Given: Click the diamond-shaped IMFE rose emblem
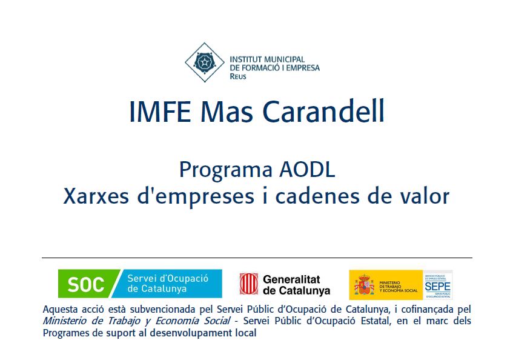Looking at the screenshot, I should tap(204, 62).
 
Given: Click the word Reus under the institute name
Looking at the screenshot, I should tap(238, 77).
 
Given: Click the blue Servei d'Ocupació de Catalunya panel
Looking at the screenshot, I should tap(173, 284).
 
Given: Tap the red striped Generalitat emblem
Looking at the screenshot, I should tap(248, 284).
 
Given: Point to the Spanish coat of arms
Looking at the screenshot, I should tap(364, 285).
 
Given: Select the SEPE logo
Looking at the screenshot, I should tap(437, 285).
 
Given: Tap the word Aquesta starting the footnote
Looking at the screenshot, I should tap(60, 309).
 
